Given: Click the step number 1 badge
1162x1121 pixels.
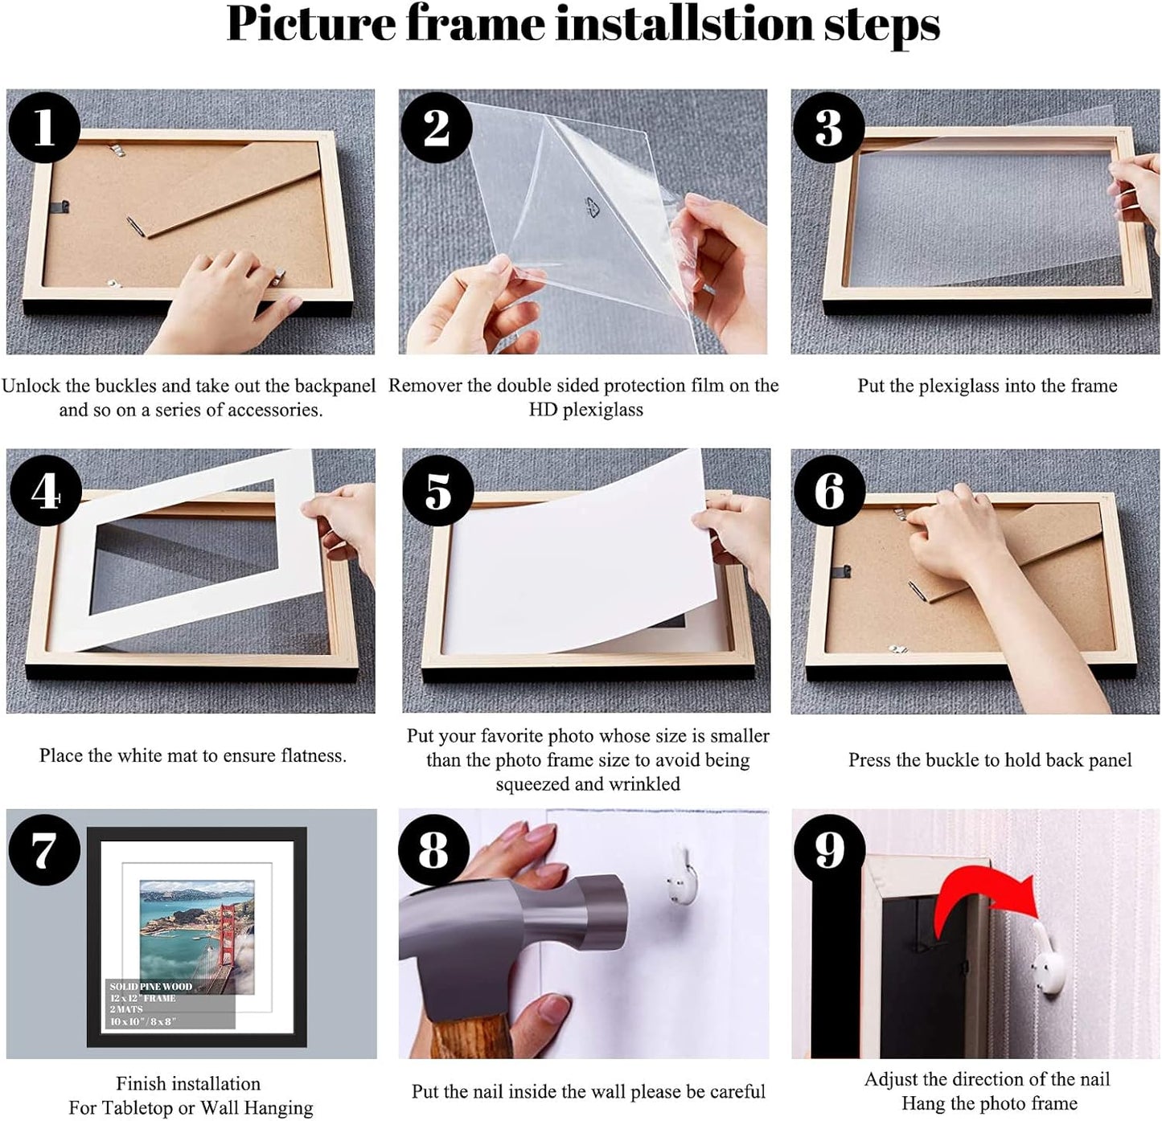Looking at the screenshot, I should (43, 127).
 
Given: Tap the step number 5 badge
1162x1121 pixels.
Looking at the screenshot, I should (437, 490).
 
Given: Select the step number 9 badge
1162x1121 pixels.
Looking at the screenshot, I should (829, 850).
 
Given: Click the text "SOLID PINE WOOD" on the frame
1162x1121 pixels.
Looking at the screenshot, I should (151, 986).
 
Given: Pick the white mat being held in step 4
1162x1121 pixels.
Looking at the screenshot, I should (193, 546).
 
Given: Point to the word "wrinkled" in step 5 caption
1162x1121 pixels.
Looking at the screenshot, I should (638, 784).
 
